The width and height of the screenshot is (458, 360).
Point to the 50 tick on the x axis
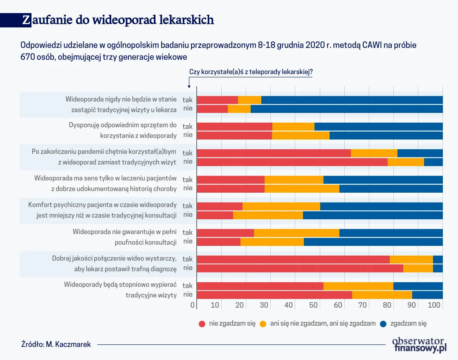pos(313,305)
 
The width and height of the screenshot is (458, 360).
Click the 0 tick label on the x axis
pos(193,305)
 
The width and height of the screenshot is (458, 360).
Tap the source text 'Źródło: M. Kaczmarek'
pos(56,344)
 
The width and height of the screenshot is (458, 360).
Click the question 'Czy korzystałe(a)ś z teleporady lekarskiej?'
pos(251,72)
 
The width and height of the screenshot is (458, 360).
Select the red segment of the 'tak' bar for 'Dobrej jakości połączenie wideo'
pos(293,259)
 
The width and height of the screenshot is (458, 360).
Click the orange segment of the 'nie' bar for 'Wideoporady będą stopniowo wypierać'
pos(382,295)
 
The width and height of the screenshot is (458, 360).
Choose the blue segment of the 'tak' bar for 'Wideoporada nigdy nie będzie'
pos(352,100)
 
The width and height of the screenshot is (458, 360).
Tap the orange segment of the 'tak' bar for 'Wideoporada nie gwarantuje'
pos(296,233)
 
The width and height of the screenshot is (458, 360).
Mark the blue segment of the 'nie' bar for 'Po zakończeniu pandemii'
pos(433,162)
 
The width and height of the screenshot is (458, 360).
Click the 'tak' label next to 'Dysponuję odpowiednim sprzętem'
pos(188,126)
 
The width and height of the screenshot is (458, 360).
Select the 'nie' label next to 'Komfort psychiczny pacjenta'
pos(188,215)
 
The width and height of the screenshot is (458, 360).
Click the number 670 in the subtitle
pos(28,57)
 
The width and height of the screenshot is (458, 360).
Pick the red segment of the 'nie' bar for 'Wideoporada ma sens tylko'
pos(231,189)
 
